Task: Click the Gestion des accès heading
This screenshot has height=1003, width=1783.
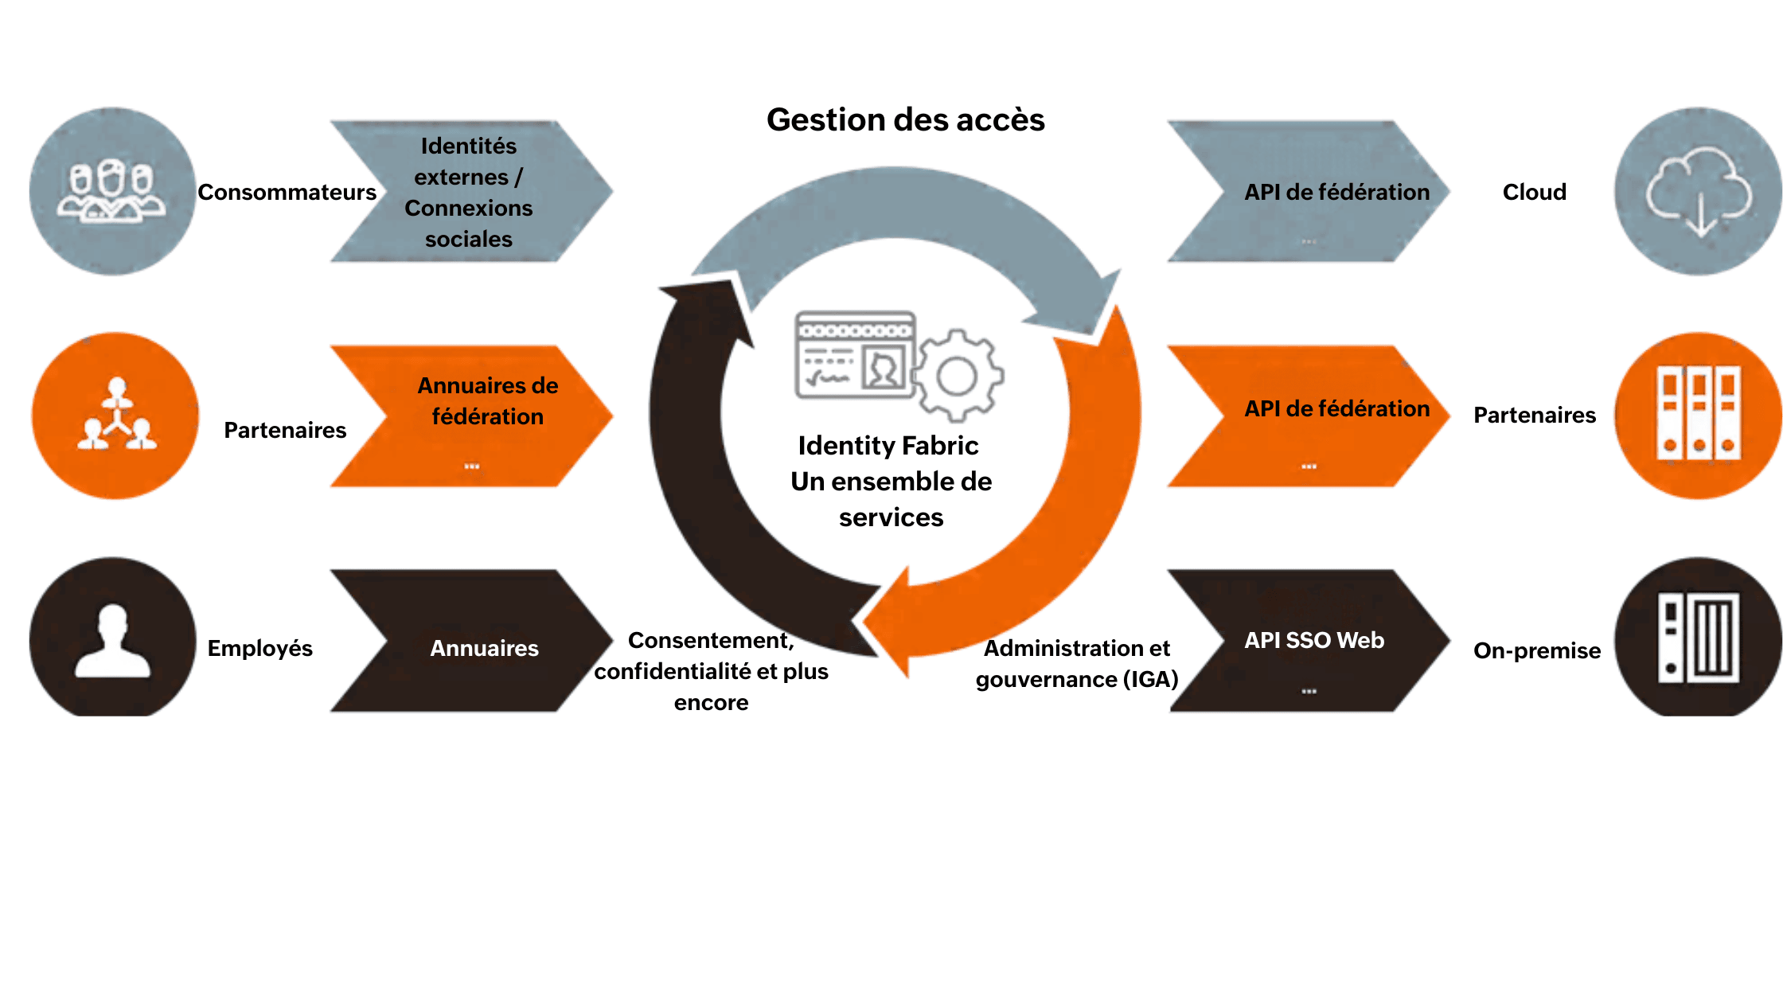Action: (x=905, y=120)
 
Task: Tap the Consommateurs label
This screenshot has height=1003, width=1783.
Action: (x=287, y=192)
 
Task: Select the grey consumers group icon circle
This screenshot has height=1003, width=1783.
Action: (x=112, y=191)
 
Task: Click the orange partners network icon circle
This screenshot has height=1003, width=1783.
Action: (x=115, y=416)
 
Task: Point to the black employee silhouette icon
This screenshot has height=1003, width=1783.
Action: (x=112, y=641)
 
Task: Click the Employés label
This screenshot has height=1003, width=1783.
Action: (x=259, y=648)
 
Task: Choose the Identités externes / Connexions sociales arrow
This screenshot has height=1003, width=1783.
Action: (x=470, y=192)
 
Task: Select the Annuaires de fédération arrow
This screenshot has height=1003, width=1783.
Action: (x=478, y=416)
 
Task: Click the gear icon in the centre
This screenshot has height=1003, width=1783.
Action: (x=958, y=375)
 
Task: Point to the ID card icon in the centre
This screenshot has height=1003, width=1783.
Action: (x=855, y=355)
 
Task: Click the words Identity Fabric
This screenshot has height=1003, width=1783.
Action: (x=888, y=446)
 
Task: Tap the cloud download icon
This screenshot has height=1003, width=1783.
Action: (x=1699, y=192)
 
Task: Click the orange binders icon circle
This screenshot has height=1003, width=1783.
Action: (x=1699, y=415)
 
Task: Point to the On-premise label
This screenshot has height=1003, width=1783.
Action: (x=1536, y=650)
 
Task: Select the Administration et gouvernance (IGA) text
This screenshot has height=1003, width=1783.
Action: (x=1077, y=664)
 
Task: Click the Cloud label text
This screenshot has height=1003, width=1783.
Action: (x=1534, y=192)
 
